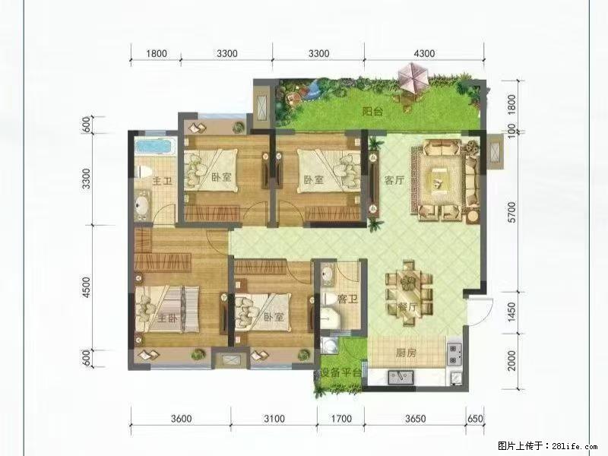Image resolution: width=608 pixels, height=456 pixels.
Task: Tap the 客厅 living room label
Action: [x=393, y=181]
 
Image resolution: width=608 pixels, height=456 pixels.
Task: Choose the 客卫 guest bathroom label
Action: [x=347, y=299]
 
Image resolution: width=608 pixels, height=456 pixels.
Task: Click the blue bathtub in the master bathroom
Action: [x=155, y=147]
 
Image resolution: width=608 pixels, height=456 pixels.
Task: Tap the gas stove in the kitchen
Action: [x=455, y=352]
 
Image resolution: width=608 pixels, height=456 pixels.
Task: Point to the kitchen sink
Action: [x=401, y=375]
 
